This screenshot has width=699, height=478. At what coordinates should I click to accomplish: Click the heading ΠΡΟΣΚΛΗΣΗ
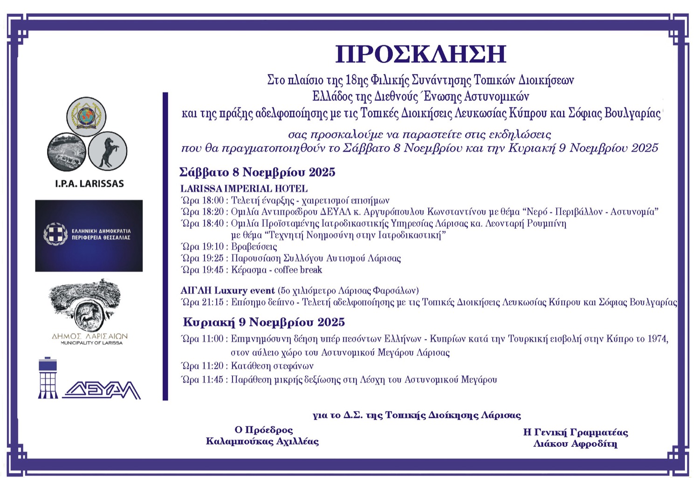[x=420, y=54]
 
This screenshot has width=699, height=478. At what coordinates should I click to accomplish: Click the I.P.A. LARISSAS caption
[x=89, y=184]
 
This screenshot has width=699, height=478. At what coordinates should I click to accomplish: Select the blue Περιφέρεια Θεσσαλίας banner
[x=89, y=235]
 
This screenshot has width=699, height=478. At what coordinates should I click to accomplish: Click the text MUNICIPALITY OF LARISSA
[x=91, y=343]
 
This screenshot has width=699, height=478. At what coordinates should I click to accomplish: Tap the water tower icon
[x=48, y=378]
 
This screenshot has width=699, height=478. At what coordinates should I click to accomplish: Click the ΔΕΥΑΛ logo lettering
[x=102, y=389]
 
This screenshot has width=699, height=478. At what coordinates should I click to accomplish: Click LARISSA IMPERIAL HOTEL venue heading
[x=244, y=189]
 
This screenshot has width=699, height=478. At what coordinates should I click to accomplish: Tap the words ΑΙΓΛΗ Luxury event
[x=227, y=291]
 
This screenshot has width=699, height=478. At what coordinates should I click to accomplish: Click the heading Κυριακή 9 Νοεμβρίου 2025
[x=264, y=322]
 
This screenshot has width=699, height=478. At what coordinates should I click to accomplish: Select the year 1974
[x=657, y=339]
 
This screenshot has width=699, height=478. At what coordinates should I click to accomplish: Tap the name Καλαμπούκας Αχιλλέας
[x=262, y=441]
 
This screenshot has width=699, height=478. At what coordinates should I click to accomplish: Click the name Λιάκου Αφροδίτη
[x=575, y=444]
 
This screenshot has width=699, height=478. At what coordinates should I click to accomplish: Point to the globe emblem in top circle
[x=86, y=116]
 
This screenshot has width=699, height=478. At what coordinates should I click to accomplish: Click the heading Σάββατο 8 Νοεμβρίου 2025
[x=257, y=172]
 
